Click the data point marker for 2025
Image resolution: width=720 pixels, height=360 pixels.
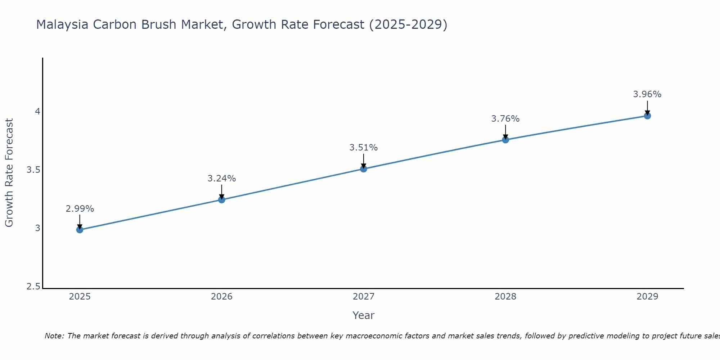coord(80,230)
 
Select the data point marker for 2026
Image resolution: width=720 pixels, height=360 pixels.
coord(222,200)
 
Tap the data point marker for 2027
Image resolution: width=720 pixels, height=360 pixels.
coord(364,169)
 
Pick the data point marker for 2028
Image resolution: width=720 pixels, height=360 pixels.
coord(505,140)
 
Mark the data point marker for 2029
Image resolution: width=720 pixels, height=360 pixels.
coord(647,116)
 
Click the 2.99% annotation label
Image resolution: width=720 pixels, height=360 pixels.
coord(80,209)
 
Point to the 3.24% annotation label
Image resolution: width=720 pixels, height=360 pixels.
coord(222,179)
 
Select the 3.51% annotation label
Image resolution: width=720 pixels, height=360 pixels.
coord(364,148)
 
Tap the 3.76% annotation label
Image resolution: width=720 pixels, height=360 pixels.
coord(505,119)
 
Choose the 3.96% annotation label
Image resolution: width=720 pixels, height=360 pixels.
coord(647,94)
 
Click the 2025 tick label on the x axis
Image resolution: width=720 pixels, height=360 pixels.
coord(80,297)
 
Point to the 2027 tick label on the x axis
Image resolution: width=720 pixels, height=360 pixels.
coord(364,297)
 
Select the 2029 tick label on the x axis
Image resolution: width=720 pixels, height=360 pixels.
coord(647,297)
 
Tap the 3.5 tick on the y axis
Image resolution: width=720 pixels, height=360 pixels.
coord(33,170)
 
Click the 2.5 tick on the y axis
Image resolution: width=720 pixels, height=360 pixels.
coord(33,287)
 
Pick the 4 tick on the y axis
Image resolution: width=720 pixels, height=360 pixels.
coord(37,112)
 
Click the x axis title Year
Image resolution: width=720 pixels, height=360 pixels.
coord(364,315)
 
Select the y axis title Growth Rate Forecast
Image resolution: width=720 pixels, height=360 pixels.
coord(9,173)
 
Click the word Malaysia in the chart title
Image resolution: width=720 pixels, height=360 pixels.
coord(62,25)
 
